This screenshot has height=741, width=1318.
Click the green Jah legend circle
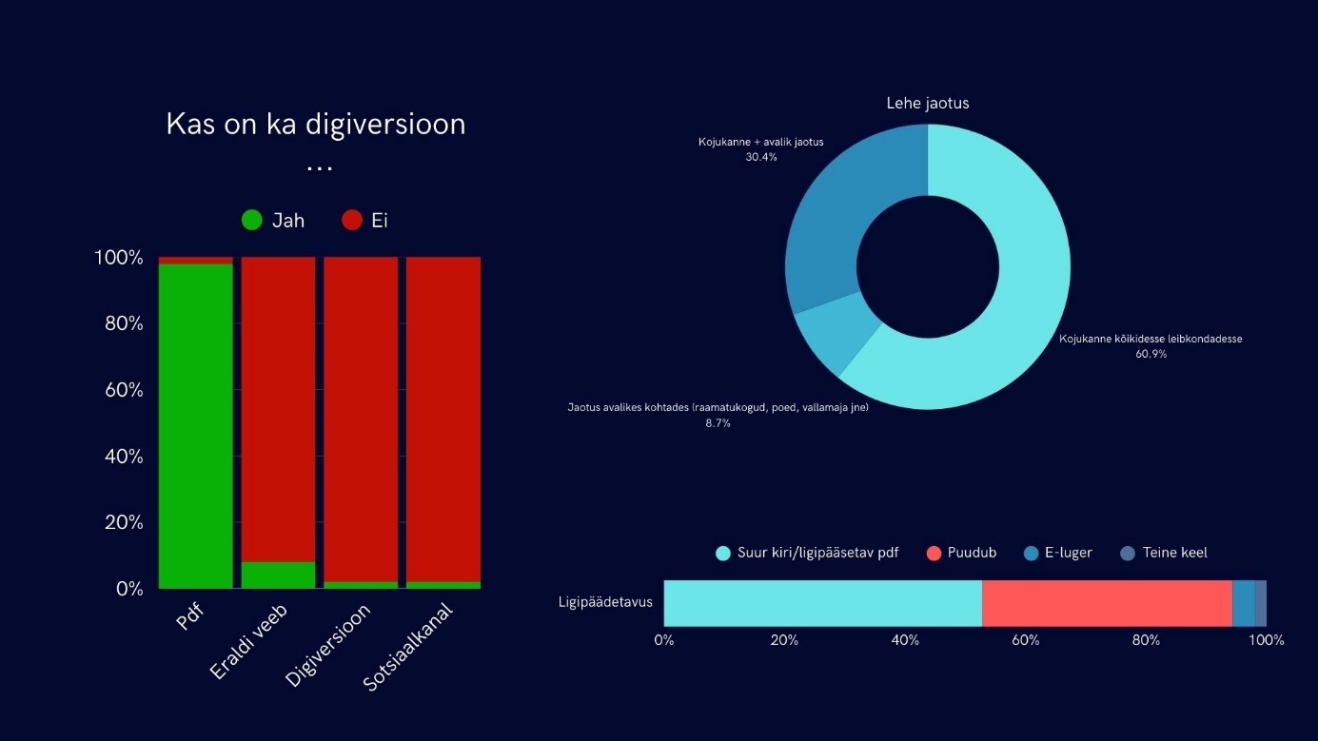(251, 221)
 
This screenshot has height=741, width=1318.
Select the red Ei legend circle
(352, 221)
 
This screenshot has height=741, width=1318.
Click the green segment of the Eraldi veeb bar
(278, 575)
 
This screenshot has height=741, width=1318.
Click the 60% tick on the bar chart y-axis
(118, 390)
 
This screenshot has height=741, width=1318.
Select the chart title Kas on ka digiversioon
(316, 125)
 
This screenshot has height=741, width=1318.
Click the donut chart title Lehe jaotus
(927, 103)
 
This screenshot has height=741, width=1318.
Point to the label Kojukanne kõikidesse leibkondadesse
(1151, 338)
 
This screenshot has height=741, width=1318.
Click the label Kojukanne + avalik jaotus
(760, 142)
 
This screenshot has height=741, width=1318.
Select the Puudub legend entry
(971, 553)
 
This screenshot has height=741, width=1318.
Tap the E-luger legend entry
(1065, 553)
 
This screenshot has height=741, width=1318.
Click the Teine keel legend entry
(1173, 553)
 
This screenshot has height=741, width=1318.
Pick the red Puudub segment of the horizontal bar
(1107, 603)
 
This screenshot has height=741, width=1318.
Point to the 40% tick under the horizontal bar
(905, 640)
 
